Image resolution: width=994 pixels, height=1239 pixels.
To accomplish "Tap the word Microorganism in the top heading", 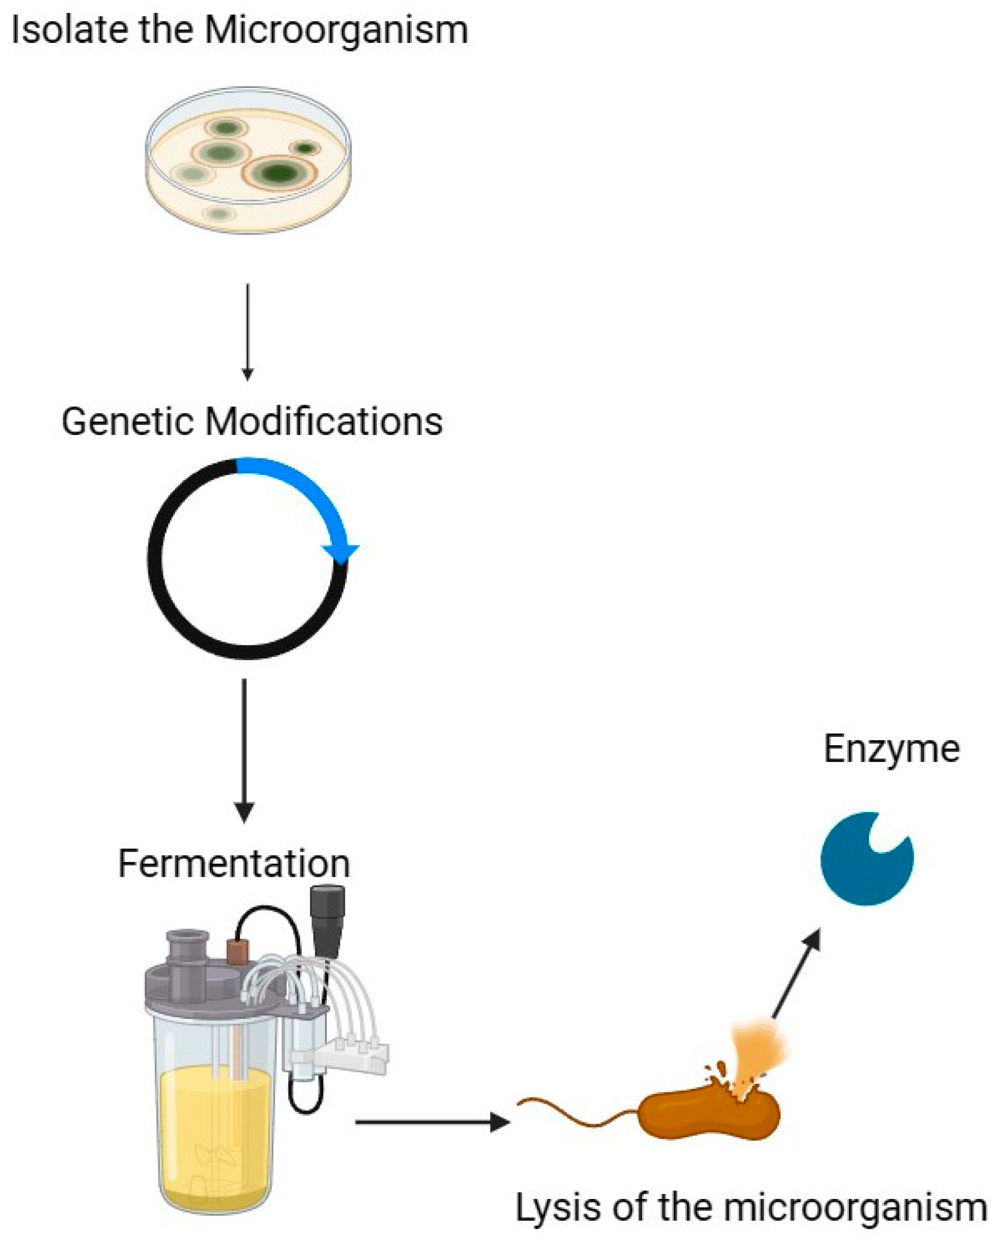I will coord(336,31).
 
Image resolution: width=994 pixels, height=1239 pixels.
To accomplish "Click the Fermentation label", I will coord(234,864).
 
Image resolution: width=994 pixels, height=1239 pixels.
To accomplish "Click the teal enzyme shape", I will coord(862,862).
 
